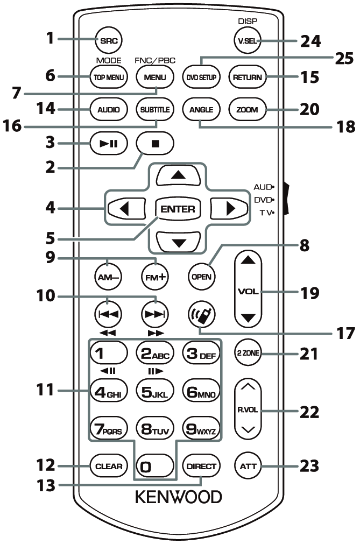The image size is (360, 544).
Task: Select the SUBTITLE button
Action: [154, 110]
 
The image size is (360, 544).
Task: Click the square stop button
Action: [154, 144]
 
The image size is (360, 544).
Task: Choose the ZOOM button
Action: [247, 110]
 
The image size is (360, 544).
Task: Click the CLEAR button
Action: [110, 466]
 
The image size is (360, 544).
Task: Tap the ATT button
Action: [247, 466]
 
